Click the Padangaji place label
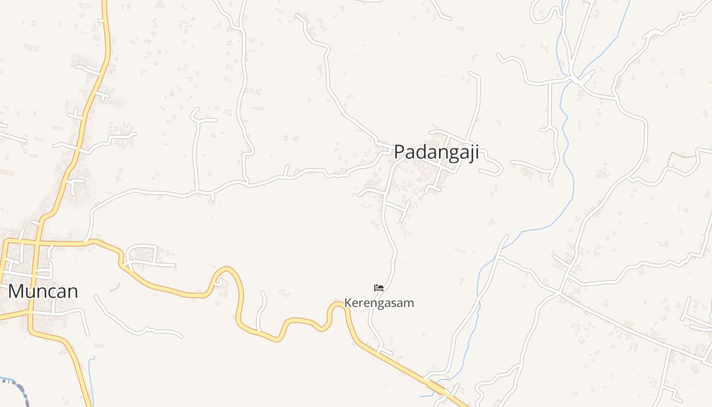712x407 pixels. pos(436,152)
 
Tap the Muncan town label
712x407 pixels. pos(43,292)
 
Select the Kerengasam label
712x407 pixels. pos(379,303)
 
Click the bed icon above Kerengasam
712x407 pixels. pos(379,288)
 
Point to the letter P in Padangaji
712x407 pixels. pos(400,152)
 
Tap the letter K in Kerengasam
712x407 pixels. pos(348,303)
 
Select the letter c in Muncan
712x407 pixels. pos(51,293)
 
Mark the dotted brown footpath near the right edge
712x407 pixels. pos(681,154)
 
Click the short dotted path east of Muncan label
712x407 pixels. pos(115,288)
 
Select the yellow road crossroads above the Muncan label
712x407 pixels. pos(37,243)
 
